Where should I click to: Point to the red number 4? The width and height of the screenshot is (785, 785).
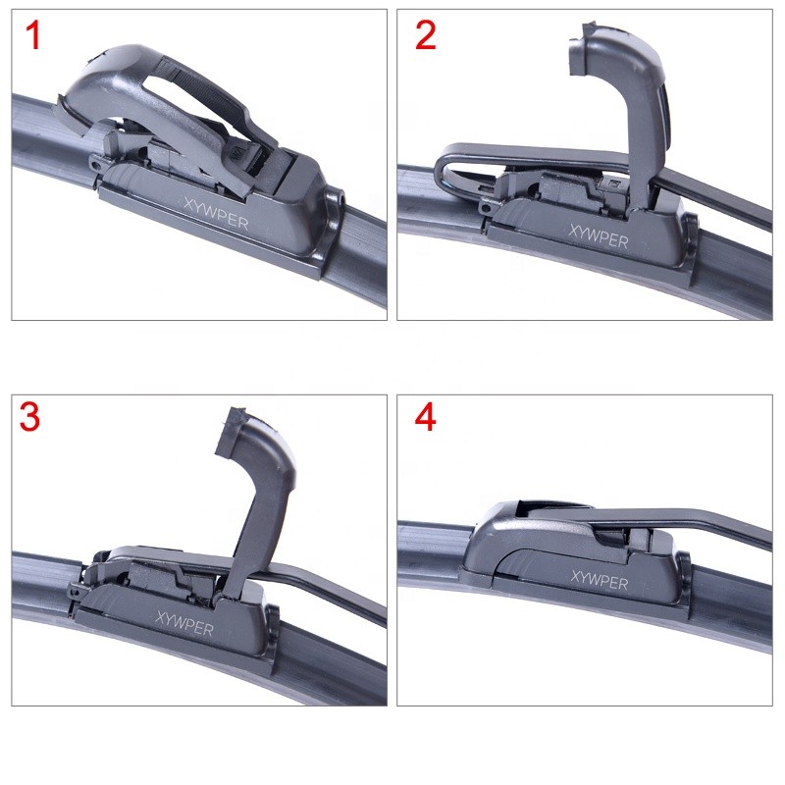(425, 417)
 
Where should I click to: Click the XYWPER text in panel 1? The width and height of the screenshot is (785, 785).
(216, 214)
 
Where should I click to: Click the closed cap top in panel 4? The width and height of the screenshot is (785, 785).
(520, 515)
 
